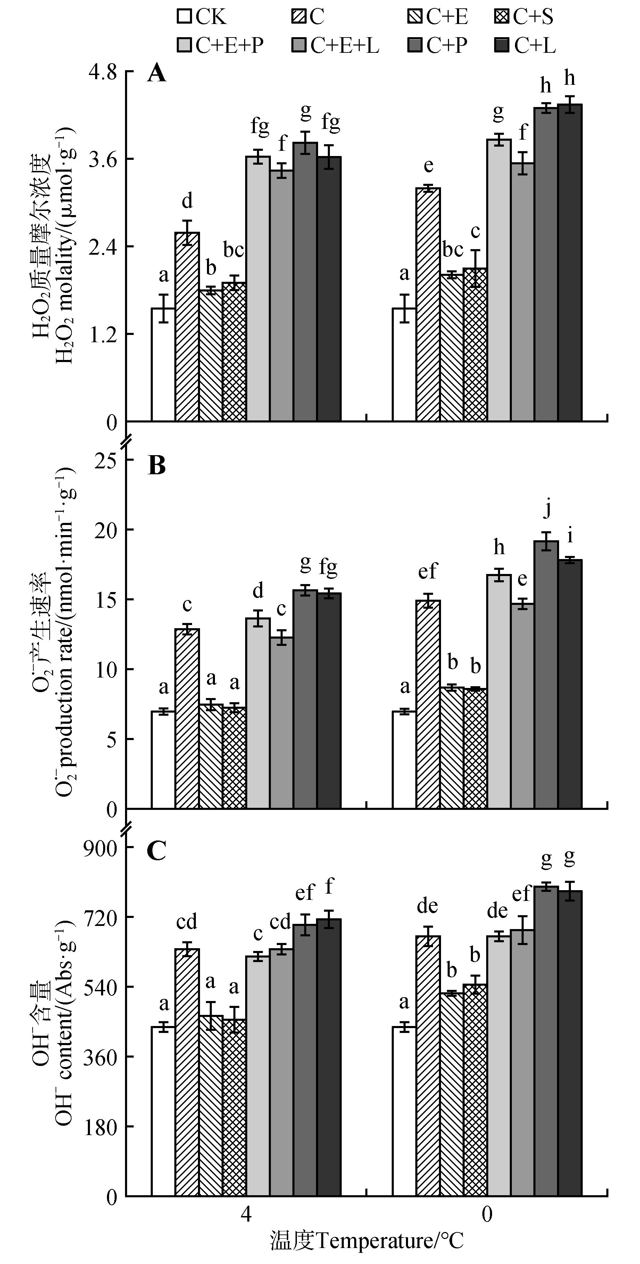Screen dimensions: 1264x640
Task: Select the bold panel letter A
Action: [x=157, y=75]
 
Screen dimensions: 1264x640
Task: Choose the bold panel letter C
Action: [x=157, y=851]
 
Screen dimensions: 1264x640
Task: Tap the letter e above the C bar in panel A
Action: [x=428, y=166]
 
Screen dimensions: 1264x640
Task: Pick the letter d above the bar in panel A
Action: [x=187, y=201]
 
